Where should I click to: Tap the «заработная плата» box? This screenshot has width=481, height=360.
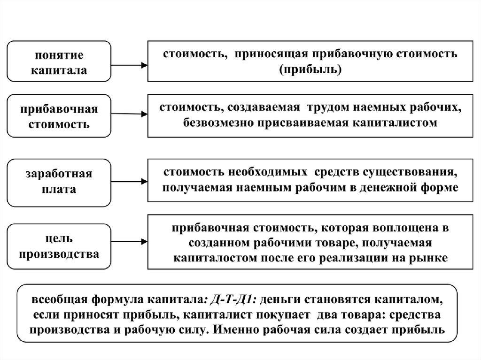click(59, 182)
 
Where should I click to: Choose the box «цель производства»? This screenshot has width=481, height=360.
click(59, 246)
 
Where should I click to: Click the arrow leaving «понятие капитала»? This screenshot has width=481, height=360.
click(129, 66)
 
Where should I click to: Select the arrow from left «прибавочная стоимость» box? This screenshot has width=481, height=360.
click(129, 113)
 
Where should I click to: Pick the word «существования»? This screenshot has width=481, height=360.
click(412, 172)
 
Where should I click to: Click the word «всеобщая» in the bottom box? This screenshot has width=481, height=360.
click(59, 299)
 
